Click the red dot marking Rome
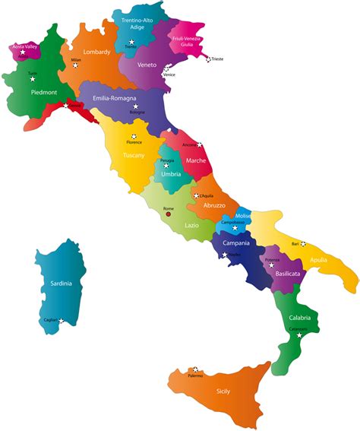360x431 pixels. [x=169, y=214]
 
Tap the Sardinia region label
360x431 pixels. [x=61, y=284]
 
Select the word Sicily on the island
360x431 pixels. [x=223, y=392]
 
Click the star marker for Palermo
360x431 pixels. [x=196, y=369]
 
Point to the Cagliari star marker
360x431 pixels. [x=59, y=320]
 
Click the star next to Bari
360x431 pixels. [x=303, y=244]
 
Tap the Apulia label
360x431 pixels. [x=319, y=260]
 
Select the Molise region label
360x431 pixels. [x=243, y=216]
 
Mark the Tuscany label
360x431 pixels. [x=134, y=156]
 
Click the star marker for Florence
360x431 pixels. [x=134, y=137]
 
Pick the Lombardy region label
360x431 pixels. [x=96, y=52]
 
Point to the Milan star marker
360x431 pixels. [x=75, y=65]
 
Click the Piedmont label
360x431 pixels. [x=44, y=92]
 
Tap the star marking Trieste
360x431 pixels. [x=206, y=58]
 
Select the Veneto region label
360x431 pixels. [x=147, y=65]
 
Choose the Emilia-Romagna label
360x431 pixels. [x=117, y=98]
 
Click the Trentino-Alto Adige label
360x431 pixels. [x=137, y=28]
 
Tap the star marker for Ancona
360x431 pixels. [x=199, y=144]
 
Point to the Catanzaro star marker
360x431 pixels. [x=299, y=335]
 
